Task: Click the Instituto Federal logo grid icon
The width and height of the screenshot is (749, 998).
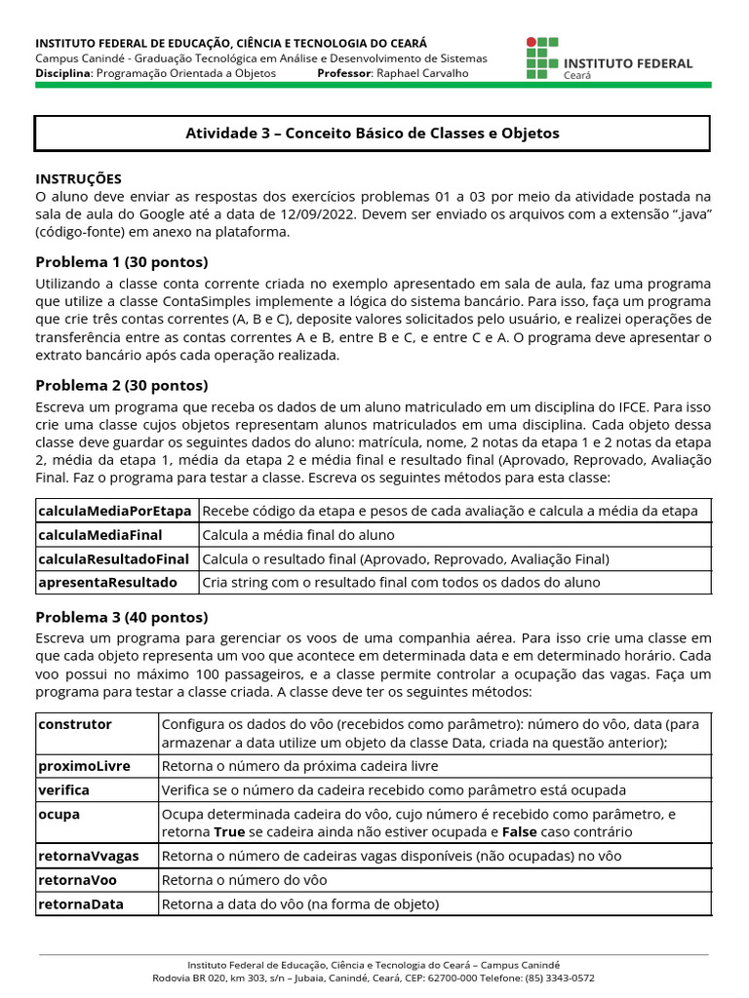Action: tap(541, 58)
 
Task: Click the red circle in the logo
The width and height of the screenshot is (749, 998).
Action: tap(532, 43)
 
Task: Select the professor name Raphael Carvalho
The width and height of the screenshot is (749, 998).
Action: tap(422, 73)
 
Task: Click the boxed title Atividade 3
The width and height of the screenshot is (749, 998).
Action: tap(373, 134)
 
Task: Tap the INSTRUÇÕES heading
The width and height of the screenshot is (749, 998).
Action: tap(79, 178)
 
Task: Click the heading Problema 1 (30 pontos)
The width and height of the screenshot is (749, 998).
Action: tap(122, 262)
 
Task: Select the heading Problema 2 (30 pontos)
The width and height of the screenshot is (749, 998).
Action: tap(122, 385)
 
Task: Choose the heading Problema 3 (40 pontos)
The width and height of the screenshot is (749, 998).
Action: tap(122, 617)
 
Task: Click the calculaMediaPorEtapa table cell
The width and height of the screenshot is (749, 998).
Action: tap(115, 512)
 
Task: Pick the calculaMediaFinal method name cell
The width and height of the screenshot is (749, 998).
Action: tap(100, 535)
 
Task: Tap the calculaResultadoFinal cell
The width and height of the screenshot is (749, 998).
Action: tap(114, 558)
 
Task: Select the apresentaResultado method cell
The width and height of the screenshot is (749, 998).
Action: tap(108, 582)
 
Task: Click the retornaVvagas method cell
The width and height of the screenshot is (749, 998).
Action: tap(89, 856)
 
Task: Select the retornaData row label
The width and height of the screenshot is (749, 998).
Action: tap(81, 904)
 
